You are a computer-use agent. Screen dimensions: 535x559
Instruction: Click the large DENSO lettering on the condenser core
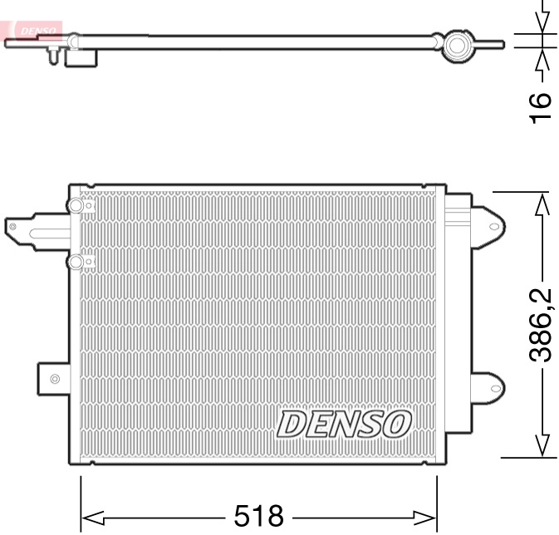click(x=344, y=424)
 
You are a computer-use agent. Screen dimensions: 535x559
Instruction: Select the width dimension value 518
click(x=258, y=515)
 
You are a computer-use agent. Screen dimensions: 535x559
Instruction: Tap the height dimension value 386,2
click(x=542, y=324)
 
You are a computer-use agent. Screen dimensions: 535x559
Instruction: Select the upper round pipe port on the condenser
click(x=76, y=206)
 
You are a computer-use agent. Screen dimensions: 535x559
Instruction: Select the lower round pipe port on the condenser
click(x=76, y=263)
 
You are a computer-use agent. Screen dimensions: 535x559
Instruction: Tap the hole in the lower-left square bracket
click(x=55, y=380)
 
